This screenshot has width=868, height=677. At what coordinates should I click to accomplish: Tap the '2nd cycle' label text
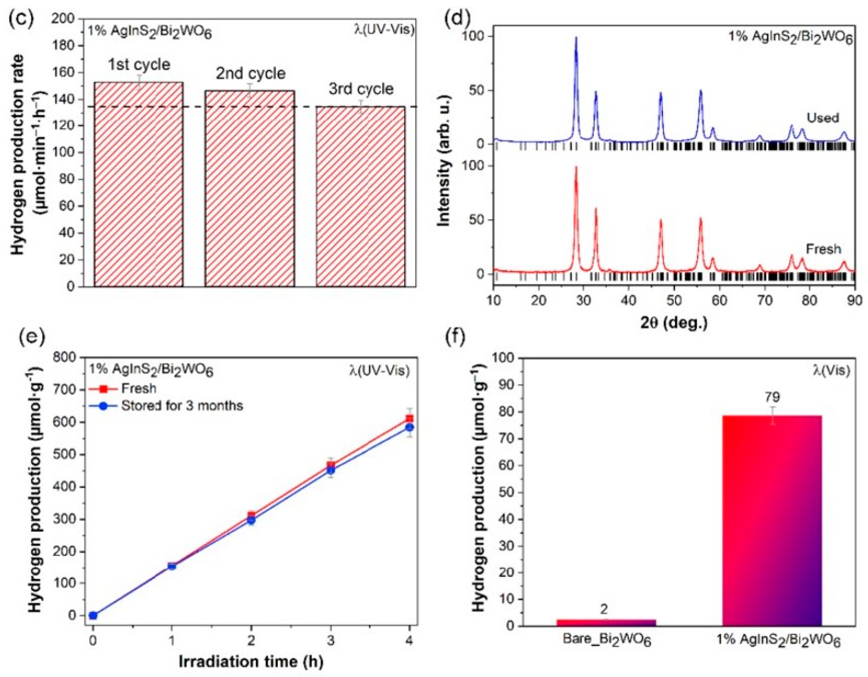pyautogui.click(x=250, y=74)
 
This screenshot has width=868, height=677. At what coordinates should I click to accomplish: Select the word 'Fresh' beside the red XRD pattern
pyautogui.click(x=823, y=249)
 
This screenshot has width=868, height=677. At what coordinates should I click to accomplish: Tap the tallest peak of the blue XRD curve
pyautogui.click(x=576, y=38)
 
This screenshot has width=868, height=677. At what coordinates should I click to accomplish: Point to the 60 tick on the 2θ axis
pyautogui.click(x=719, y=301)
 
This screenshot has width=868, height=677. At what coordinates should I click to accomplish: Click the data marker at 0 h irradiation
pyautogui.click(x=93, y=616)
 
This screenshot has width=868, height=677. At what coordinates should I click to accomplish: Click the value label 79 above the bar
pyautogui.click(x=771, y=397)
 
